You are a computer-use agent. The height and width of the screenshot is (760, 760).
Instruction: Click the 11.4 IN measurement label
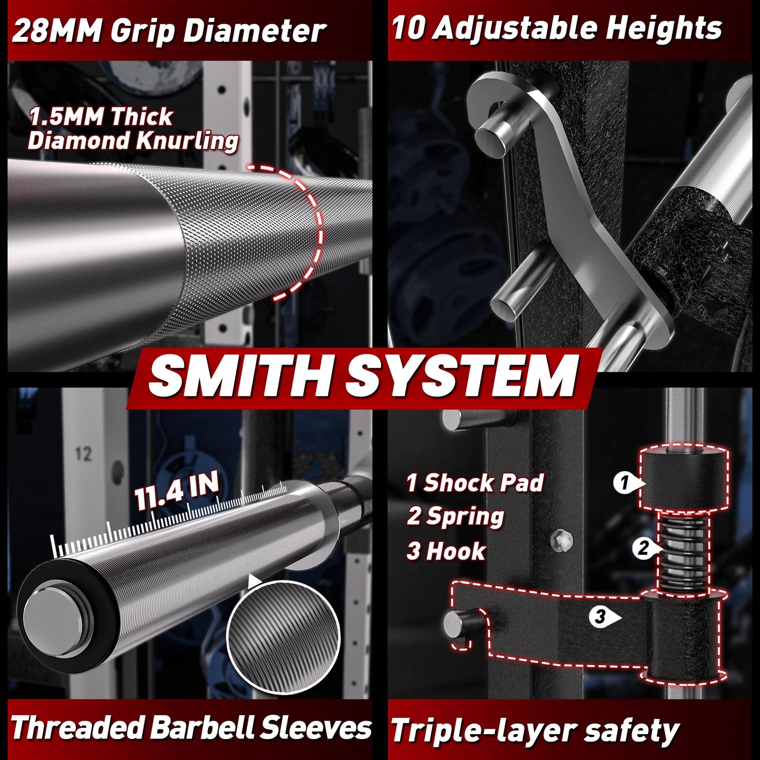coord(177,492)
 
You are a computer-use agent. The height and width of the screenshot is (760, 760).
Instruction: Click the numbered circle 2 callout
coord(643,549)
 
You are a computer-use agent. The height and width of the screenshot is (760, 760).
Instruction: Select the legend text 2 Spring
coord(455,516)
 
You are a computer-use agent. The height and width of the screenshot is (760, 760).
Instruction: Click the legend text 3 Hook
coord(446,551)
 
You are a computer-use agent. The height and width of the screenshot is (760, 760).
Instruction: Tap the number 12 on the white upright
coord(83,453)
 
